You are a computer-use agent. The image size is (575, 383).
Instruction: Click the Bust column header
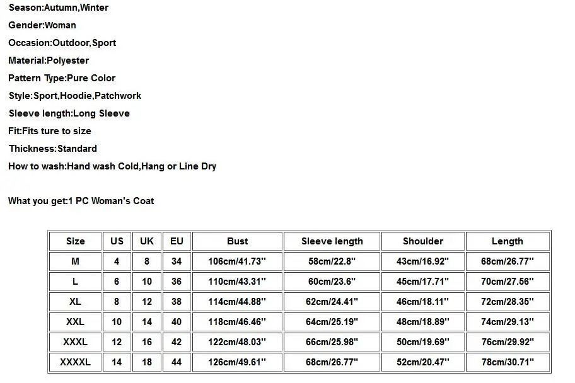237,241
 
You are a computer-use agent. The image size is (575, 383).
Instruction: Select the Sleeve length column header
332,241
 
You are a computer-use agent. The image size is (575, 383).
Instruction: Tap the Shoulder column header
422,241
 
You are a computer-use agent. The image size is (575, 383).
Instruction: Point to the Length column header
508,241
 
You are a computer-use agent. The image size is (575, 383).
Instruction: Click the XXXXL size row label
75,362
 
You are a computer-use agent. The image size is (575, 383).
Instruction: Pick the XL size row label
75,302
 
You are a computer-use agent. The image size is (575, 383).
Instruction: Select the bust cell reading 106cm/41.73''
237,261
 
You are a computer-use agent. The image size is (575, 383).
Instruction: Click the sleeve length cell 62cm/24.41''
332,302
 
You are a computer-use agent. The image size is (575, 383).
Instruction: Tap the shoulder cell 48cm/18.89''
422,322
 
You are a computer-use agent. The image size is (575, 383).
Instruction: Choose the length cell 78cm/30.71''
508,362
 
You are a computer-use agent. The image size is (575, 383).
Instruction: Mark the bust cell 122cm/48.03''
237,342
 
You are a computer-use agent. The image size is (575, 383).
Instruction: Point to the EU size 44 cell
177,362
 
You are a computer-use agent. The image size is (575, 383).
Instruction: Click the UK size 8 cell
147,261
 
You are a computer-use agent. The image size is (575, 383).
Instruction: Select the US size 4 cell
117,261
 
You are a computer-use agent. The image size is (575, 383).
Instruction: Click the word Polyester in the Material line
67,60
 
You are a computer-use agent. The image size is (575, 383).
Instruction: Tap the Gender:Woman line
42,25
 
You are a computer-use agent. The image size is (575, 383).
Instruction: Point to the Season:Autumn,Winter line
58,8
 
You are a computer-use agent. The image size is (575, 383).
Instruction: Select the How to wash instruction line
112,166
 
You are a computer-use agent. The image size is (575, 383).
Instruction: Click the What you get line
81,201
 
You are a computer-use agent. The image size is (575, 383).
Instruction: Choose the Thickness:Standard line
52,149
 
